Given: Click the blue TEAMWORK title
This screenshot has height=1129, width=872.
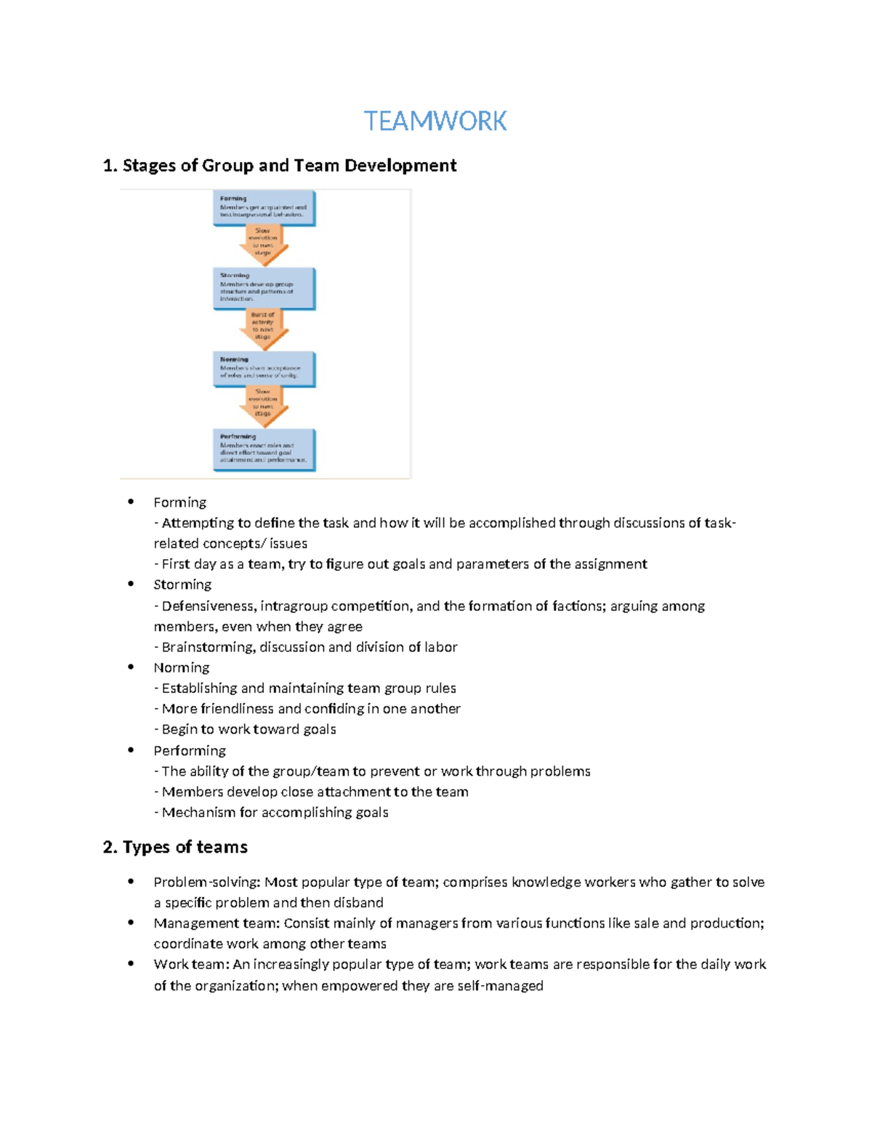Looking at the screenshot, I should click(x=435, y=121).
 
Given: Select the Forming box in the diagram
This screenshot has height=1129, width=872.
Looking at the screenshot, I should click(x=264, y=208).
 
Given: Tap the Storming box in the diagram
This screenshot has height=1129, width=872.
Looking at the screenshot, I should click(x=264, y=288).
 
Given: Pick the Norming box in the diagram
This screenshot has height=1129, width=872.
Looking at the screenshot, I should click(x=264, y=369).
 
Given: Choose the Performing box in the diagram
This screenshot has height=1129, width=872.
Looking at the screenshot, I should click(x=264, y=449).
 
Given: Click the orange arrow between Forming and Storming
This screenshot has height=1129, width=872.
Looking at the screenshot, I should click(x=263, y=244).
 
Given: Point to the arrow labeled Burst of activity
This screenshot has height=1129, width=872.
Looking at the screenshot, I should click(x=263, y=327).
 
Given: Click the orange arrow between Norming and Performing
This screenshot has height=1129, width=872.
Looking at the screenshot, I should click(x=263, y=404).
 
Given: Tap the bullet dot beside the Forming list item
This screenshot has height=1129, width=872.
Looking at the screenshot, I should click(x=131, y=501).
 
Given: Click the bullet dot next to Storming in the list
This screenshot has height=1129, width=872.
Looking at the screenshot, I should click(x=131, y=583).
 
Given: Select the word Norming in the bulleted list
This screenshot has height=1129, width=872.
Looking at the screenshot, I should click(x=181, y=667).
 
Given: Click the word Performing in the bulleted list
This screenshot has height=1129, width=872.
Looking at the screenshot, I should click(x=189, y=750).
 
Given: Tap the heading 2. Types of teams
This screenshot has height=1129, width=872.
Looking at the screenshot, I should click(x=175, y=847).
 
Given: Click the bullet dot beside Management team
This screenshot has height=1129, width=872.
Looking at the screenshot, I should click(x=131, y=923).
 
